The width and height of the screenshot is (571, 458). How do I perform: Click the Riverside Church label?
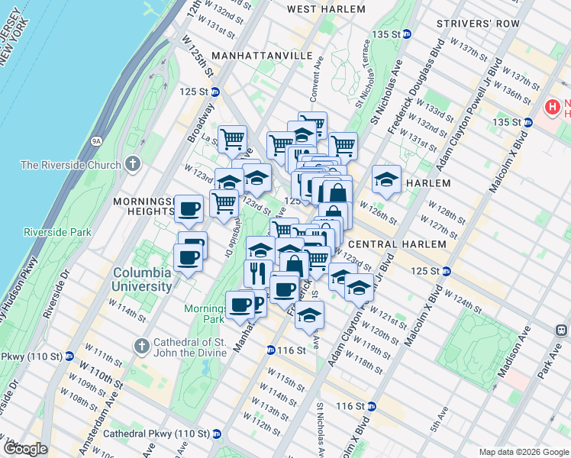click(71, 165)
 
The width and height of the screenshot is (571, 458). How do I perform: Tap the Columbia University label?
click(143, 279)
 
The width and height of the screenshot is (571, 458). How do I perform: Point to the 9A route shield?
click(96, 140)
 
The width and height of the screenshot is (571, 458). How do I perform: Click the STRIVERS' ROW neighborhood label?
click(473, 24)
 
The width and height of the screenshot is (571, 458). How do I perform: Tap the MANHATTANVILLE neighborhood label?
click(262, 56)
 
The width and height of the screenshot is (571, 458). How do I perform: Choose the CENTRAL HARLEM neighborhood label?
click(396, 244)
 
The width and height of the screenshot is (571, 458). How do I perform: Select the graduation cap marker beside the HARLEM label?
click(387, 179)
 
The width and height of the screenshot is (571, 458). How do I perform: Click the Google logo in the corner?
click(24, 449)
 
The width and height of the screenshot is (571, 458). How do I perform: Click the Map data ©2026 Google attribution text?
click(523, 452)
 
